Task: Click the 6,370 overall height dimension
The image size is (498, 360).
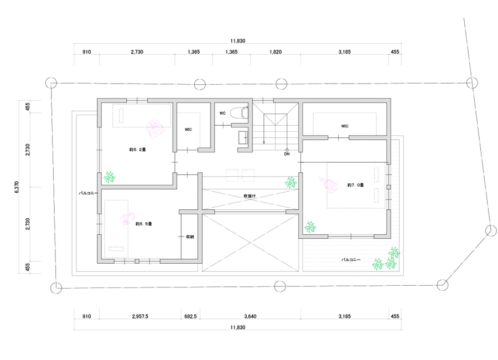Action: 17,187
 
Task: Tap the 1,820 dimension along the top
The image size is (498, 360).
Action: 276,52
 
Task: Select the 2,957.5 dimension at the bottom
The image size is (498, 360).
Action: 140,316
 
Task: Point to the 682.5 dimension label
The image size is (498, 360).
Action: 190,316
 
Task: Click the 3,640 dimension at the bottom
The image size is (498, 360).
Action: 250,316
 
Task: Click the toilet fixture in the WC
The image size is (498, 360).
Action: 241,112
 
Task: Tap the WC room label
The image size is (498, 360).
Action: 222,113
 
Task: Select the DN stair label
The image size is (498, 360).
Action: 287,154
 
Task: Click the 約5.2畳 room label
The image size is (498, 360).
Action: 138,150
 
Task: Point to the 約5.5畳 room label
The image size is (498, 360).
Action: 144,224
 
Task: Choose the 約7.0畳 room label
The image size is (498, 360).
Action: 356,185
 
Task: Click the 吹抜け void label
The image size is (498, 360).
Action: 250,196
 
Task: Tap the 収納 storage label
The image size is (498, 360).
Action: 190,237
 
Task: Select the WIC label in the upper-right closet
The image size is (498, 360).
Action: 345,126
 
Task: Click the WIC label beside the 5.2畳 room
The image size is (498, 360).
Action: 188,130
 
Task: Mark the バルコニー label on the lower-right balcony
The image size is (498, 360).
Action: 351,260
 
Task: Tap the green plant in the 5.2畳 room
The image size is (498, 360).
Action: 109,177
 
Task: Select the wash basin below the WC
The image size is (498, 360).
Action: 243,138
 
